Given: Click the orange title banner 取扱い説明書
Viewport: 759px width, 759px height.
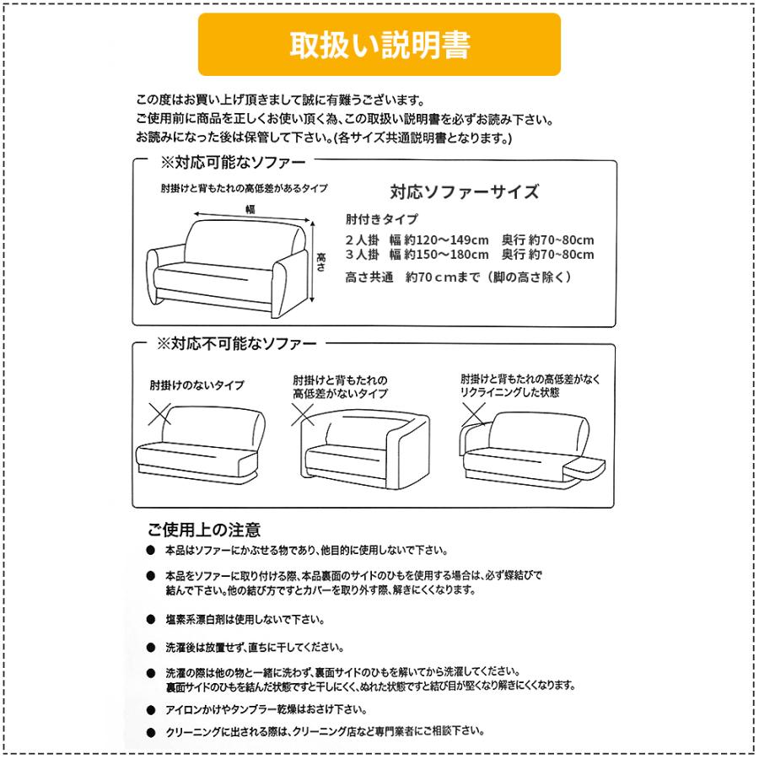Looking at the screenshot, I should pos(379,45).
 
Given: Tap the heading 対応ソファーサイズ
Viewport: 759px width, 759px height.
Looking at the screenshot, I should pos(464,191).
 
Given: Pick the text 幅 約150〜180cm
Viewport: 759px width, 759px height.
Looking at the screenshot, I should pos(439,254).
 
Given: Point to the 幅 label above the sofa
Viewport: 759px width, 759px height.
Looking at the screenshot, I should pos(250,208).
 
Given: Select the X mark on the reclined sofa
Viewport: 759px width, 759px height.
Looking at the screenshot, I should pos(472,413).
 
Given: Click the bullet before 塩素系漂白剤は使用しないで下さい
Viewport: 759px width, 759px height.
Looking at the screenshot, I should pos(150,619).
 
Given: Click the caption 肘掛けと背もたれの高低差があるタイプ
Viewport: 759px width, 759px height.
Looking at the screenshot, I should pos(244,188).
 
